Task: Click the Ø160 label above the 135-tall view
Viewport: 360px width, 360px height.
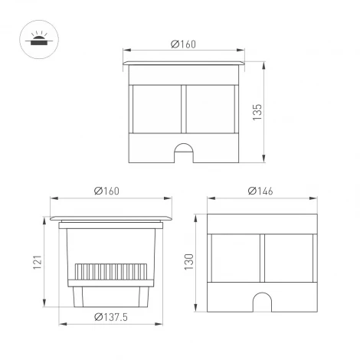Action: pyautogui.click(x=185, y=44)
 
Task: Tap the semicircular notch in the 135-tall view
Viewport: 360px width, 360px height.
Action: pyautogui.click(x=185, y=152)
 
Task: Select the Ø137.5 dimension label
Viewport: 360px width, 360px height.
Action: pyautogui.click(x=110, y=317)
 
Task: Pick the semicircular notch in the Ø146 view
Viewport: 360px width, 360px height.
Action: pyautogui.click(x=262, y=303)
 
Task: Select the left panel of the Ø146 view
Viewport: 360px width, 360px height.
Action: pyautogui.click(x=234, y=260)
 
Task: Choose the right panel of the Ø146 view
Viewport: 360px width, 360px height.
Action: pyautogui.click(x=289, y=260)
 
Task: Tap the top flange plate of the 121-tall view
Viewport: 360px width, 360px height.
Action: pyautogui.click(x=111, y=218)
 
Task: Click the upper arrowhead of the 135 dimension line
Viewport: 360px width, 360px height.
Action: pyautogui.click(x=264, y=61)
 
